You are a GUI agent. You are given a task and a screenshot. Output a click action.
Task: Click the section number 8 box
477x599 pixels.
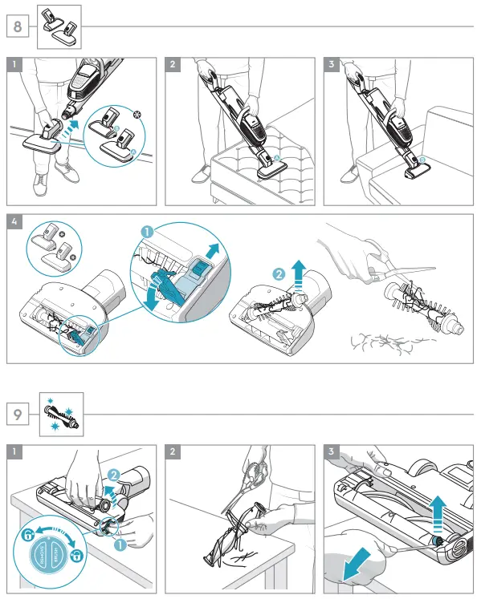coord(17,26)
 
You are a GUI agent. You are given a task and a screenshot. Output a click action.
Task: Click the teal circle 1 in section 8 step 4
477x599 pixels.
coord(147,231)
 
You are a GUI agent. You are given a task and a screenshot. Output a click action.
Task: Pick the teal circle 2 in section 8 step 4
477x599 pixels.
coord(279,274)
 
